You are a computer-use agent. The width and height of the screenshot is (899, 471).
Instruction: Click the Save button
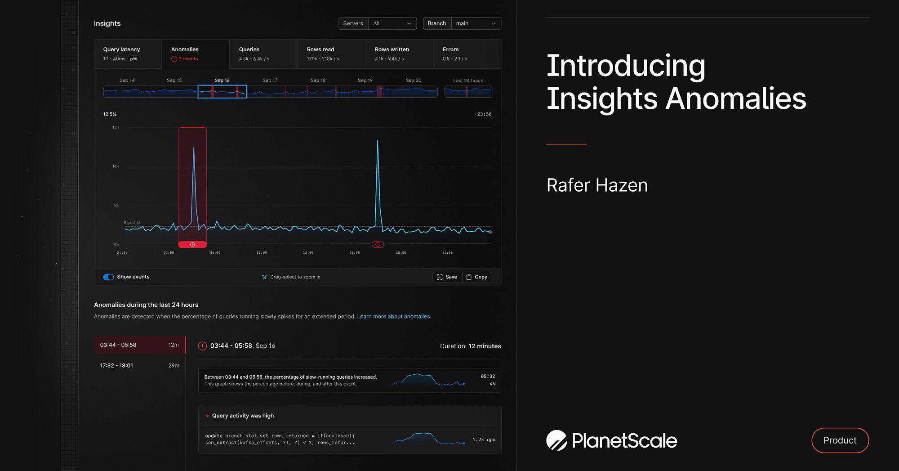tap(447, 277)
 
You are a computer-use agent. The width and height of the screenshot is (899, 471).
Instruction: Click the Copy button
tap(477, 277)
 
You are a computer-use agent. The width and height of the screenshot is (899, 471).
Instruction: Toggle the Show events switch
tap(108, 277)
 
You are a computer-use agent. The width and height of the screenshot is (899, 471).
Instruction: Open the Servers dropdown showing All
tap(392, 23)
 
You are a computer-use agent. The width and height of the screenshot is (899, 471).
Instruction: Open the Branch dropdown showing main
tap(476, 23)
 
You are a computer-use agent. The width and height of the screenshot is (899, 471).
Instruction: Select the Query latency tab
tap(128, 54)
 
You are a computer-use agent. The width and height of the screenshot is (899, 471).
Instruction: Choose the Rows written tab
tap(399, 54)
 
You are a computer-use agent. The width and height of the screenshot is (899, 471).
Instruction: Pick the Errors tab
tap(467, 54)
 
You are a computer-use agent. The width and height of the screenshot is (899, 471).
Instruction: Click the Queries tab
tap(263, 54)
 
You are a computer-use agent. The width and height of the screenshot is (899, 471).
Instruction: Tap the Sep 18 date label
tap(318, 81)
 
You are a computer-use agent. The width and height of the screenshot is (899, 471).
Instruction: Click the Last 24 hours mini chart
tap(468, 92)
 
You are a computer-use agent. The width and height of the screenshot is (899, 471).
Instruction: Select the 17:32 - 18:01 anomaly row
tap(140, 366)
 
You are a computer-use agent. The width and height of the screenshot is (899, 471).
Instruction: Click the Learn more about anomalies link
tap(393, 317)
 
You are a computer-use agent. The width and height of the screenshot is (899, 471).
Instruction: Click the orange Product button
tap(840, 440)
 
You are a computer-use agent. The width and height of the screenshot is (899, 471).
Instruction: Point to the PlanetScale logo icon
tap(556, 440)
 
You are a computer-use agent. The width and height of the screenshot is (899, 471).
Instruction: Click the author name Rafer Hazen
tap(597, 185)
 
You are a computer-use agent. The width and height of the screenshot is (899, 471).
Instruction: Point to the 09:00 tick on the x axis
tap(262, 253)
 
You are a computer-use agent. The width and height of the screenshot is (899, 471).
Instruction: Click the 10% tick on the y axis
tap(116, 166)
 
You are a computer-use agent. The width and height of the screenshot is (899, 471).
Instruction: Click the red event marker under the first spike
tap(192, 245)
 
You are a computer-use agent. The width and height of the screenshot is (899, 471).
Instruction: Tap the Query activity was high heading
tap(243, 416)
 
